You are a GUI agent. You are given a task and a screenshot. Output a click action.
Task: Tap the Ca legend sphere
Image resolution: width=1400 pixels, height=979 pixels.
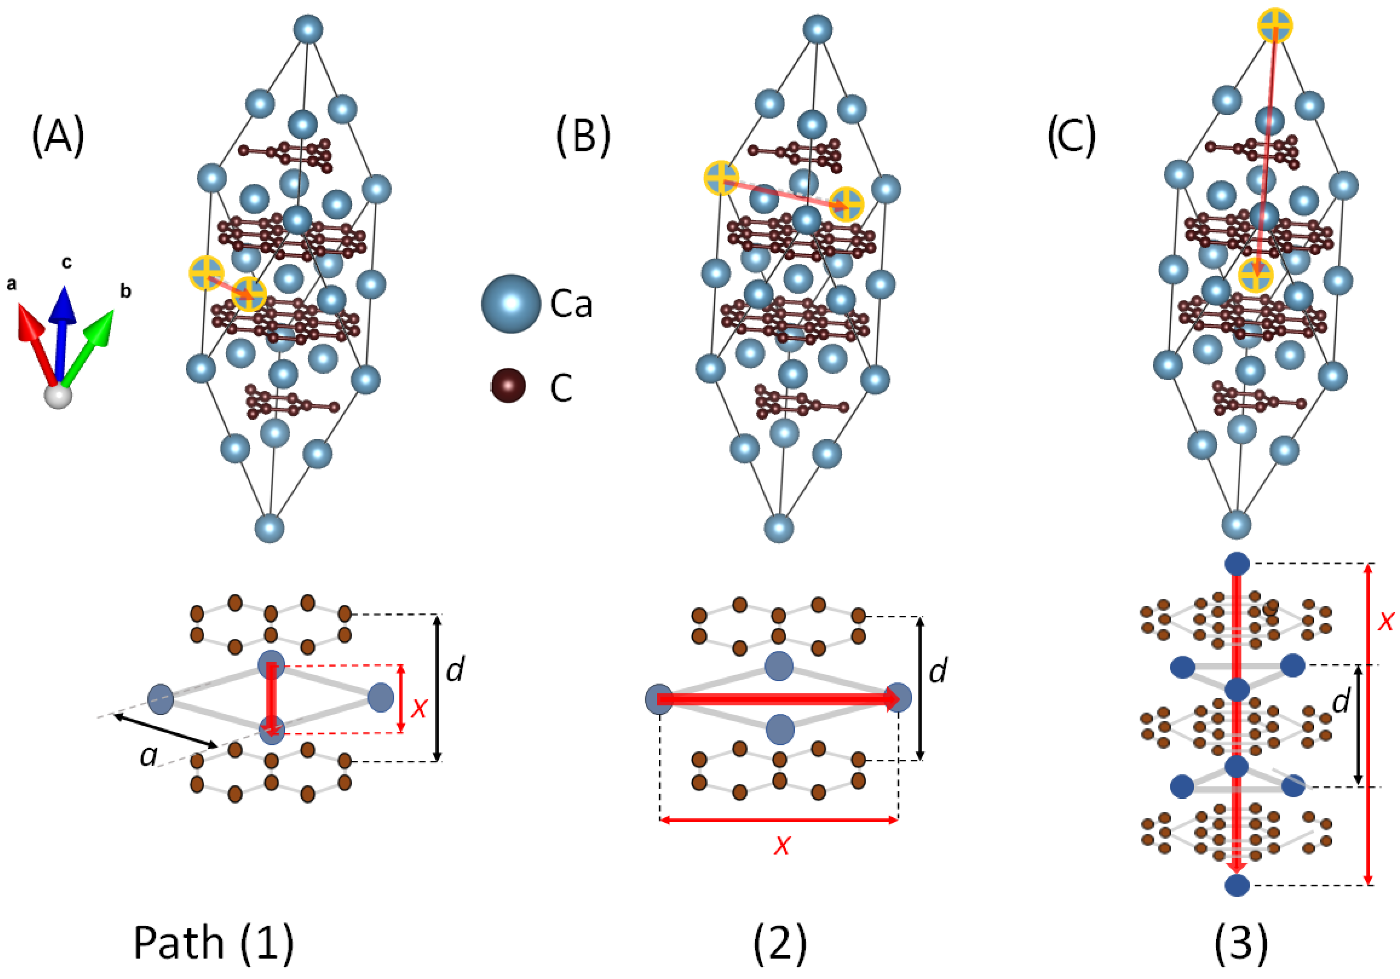[510, 303]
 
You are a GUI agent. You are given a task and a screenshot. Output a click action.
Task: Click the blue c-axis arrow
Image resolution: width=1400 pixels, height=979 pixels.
[62, 329]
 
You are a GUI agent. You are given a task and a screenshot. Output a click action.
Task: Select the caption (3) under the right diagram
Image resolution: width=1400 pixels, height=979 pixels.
[1241, 943]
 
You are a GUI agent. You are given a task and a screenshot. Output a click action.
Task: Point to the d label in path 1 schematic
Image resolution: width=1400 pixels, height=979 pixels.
[455, 670]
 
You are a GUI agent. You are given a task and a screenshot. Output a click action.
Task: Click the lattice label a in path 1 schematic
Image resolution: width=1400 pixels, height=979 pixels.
[148, 756]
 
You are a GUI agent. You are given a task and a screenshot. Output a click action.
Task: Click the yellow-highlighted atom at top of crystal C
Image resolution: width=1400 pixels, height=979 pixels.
[1275, 26]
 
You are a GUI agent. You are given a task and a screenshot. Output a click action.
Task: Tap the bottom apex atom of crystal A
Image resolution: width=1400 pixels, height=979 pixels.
[270, 528]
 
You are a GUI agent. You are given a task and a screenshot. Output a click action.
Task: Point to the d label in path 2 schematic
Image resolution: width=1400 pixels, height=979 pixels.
[938, 670]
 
